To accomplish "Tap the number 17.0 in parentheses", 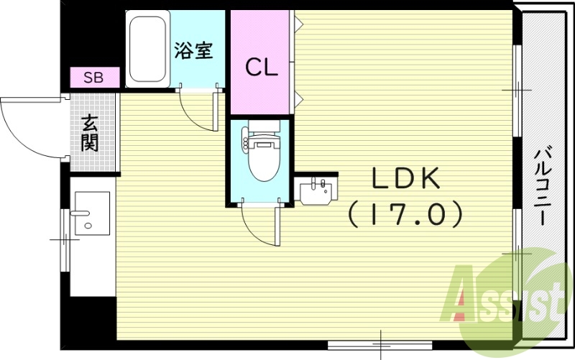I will click(404, 213).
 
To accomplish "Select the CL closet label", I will click(262, 68).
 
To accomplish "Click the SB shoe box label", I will click(93, 77).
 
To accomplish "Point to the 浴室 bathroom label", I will click(193, 51).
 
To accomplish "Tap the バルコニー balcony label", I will click(544, 185).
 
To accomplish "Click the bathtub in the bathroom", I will click(147, 50).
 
